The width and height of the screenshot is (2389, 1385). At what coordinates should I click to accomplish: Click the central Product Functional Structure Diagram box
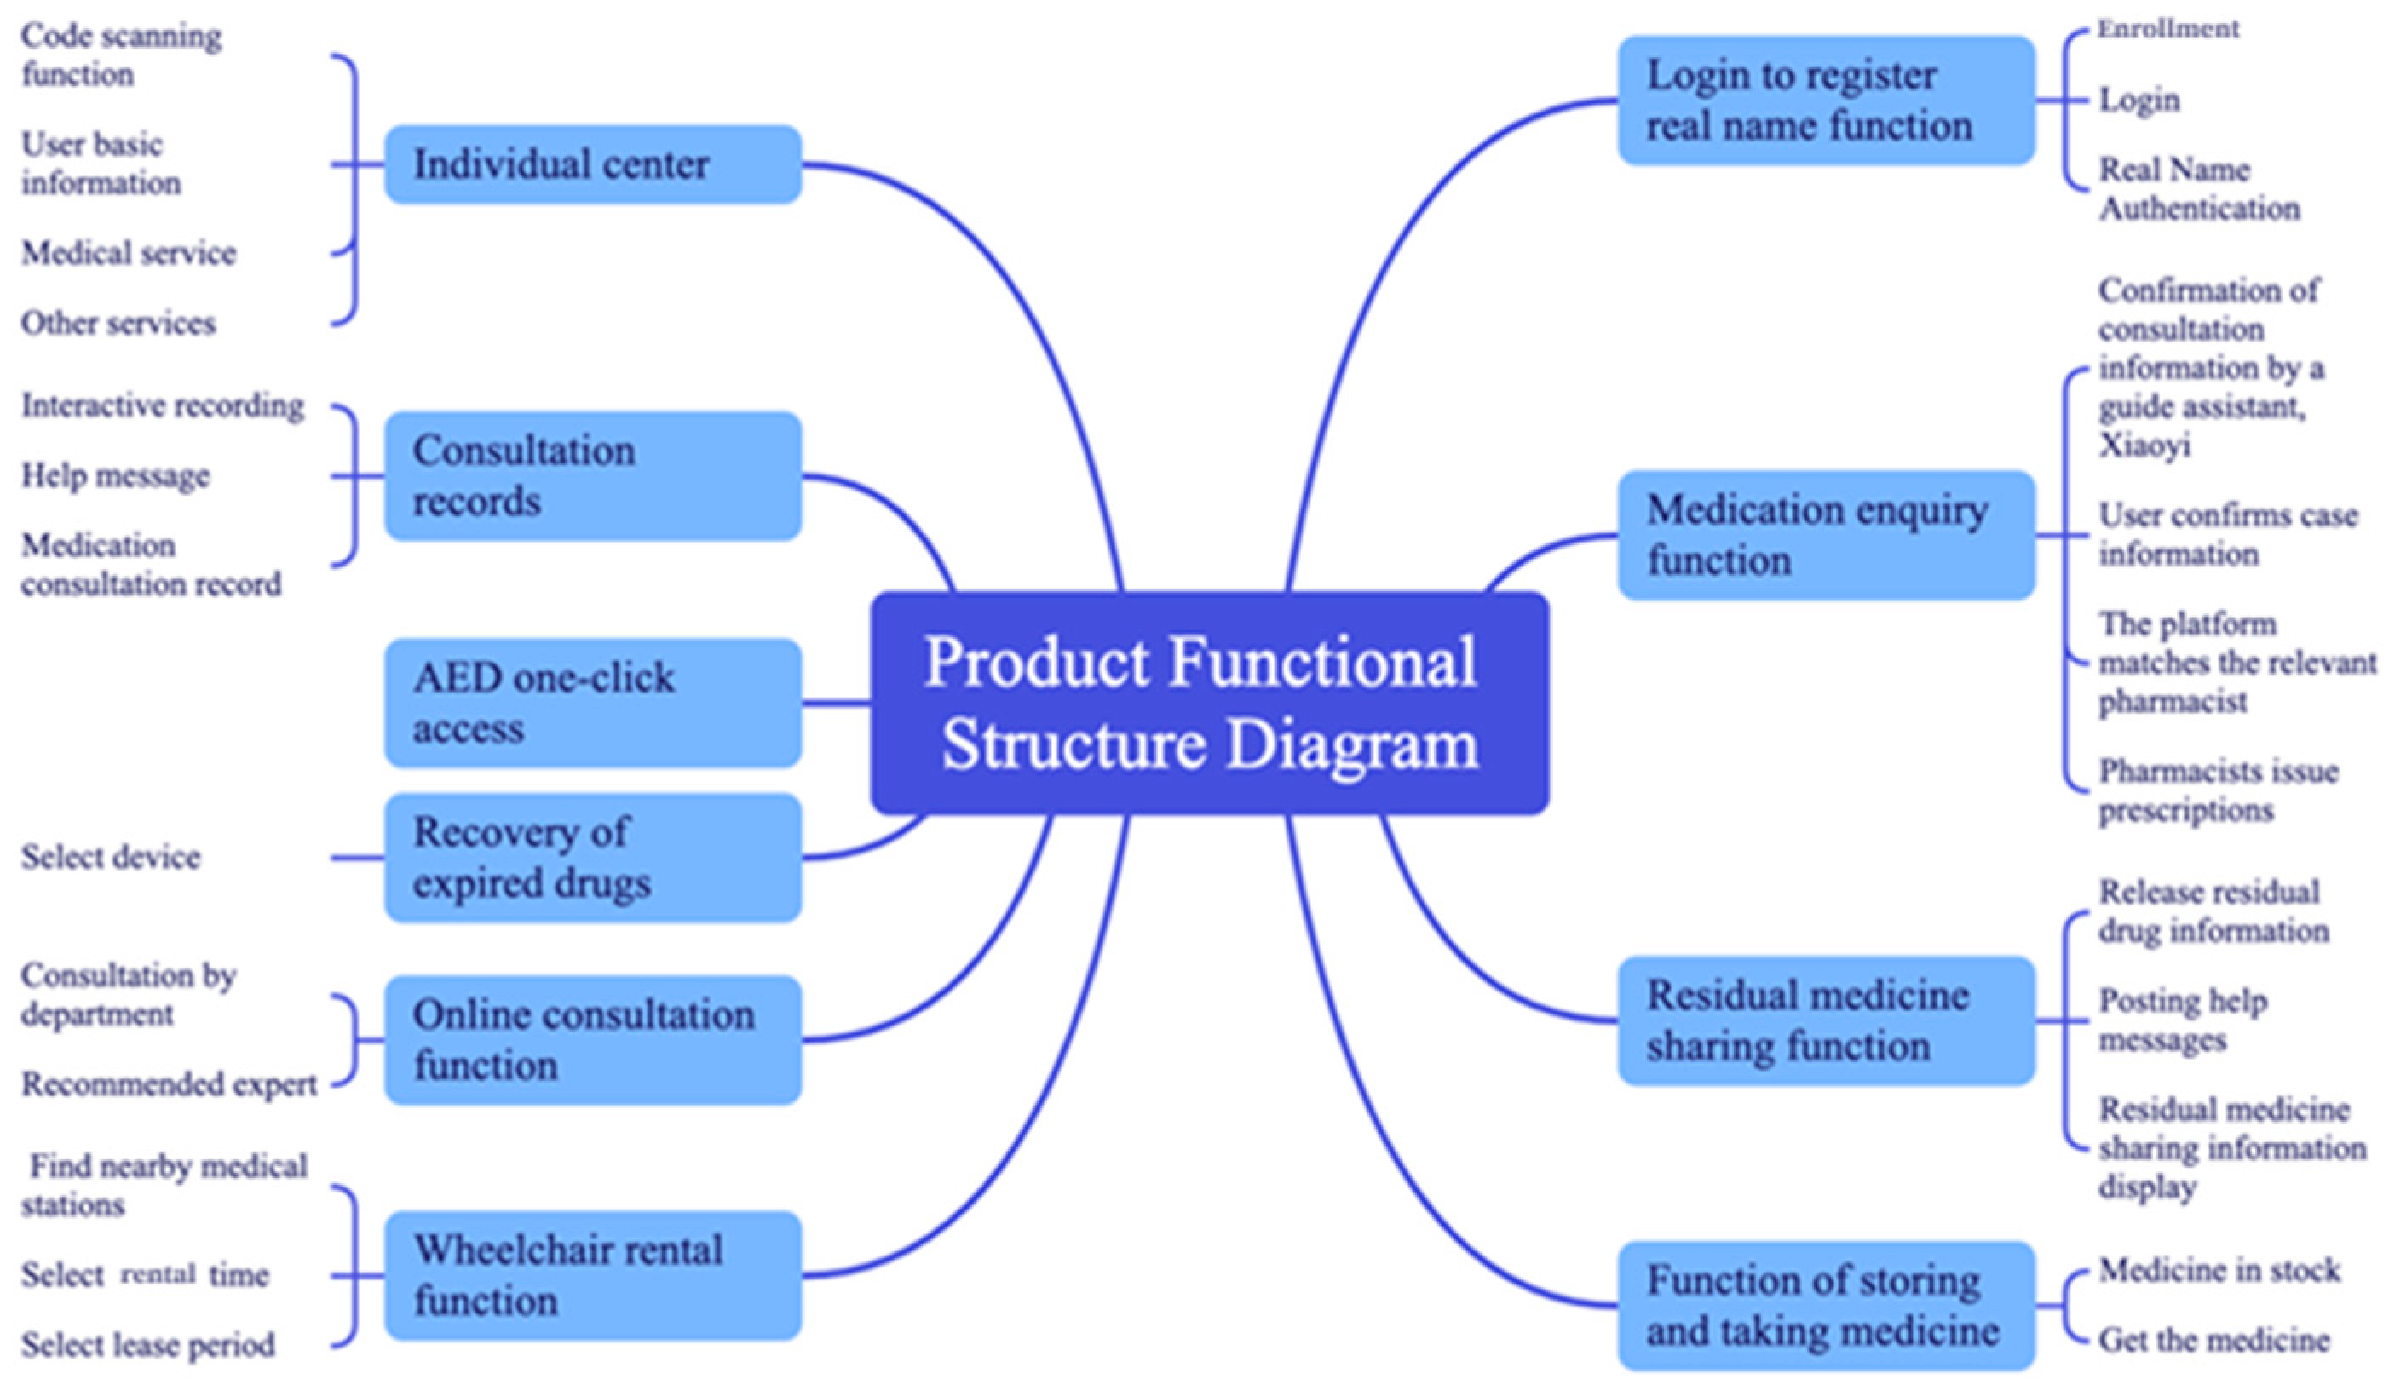point(1209,703)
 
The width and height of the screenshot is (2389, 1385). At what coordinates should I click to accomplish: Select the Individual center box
point(592,164)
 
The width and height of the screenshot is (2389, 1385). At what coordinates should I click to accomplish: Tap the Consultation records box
point(592,475)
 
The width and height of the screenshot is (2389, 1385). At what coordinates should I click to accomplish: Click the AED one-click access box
point(592,703)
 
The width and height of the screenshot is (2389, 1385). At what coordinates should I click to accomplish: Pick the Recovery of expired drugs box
point(592,857)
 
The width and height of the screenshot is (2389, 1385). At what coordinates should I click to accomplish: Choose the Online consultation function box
point(592,1040)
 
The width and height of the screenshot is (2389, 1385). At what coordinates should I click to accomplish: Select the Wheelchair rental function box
point(592,1275)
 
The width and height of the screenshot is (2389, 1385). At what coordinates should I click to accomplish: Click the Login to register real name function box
point(1826,101)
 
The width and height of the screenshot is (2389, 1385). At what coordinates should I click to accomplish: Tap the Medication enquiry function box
point(1826,535)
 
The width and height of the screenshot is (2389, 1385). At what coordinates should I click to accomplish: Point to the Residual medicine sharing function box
point(1826,1021)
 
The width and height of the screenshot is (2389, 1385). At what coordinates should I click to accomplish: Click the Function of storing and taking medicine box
point(1826,1306)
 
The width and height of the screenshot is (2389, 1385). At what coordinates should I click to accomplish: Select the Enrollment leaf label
point(2167,30)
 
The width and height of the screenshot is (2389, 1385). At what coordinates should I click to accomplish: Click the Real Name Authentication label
point(2197,188)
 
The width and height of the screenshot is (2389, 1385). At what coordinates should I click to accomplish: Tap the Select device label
point(111,857)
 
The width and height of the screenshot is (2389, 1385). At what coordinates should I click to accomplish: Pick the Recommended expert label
point(169,1083)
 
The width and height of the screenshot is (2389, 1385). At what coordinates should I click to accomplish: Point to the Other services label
point(118,324)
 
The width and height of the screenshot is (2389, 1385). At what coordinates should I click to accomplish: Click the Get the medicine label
point(2213,1340)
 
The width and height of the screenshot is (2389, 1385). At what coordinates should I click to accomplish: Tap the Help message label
point(116,475)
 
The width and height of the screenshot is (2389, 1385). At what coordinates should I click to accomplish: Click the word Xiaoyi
point(2144,445)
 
